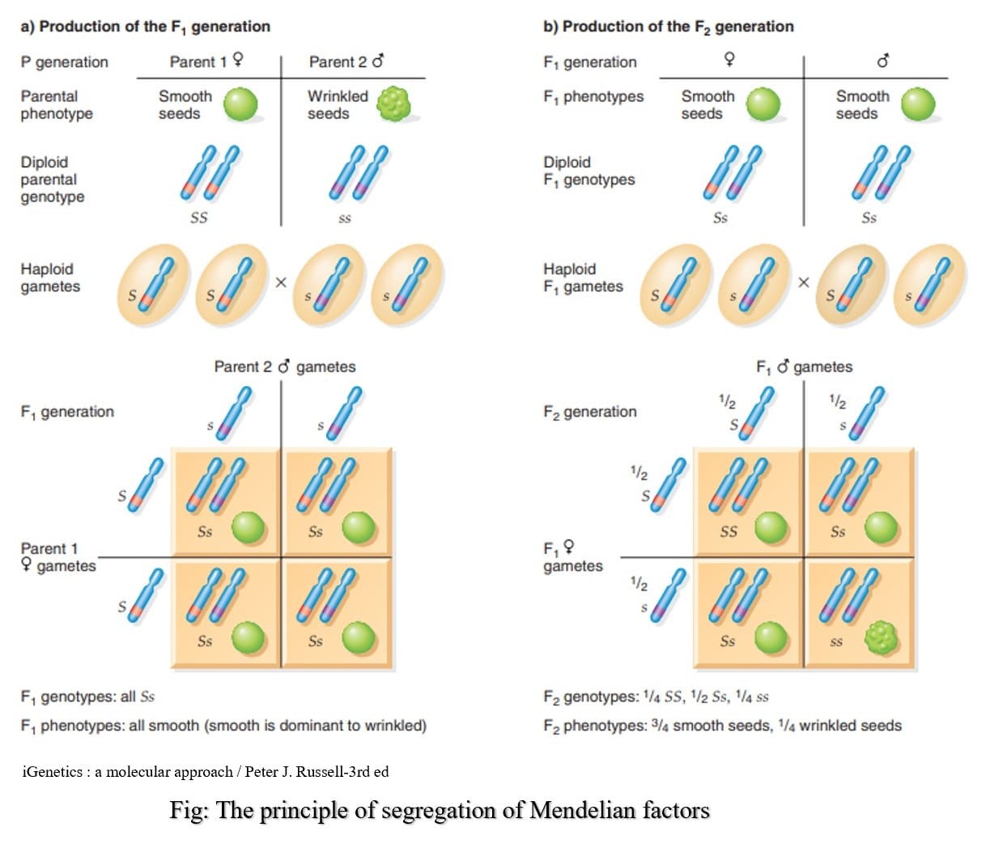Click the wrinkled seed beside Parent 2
point(394,104)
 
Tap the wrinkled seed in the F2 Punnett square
point(881,638)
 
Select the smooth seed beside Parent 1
point(240,104)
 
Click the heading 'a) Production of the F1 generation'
point(146,27)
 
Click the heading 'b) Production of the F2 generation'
point(669,27)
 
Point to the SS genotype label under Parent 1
point(198,218)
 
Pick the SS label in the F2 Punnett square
point(729,532)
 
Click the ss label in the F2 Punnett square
point(836,642)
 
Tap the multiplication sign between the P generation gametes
point(281,282)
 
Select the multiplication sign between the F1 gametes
point(804,282)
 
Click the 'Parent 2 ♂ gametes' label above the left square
point(285,367)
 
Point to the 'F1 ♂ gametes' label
point(804,367)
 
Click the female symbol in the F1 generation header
point(729,61)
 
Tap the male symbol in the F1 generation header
point(883,61)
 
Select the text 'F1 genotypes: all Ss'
point(87,697)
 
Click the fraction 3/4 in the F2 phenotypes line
point(660,724)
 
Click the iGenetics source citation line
point(206,772)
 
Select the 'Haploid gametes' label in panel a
point(49,278)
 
